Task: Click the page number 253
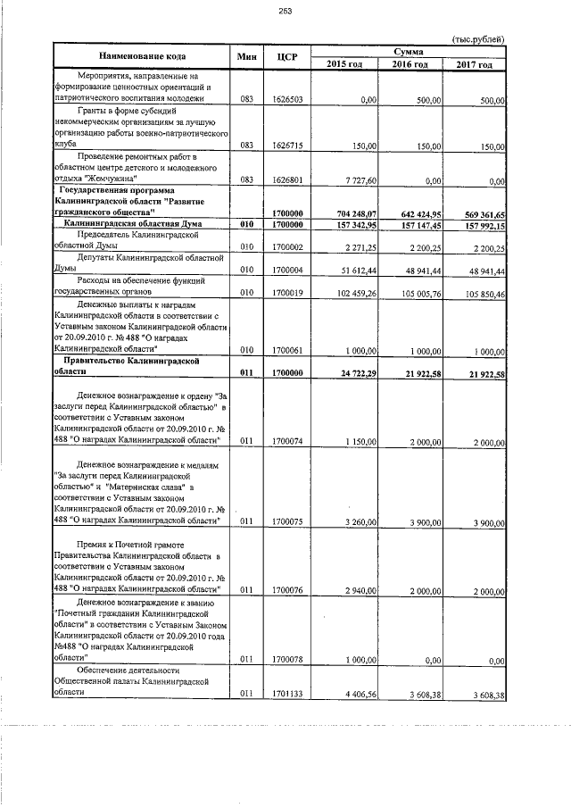[x=285, y=11]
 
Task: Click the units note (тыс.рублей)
[x=478, y=39]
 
